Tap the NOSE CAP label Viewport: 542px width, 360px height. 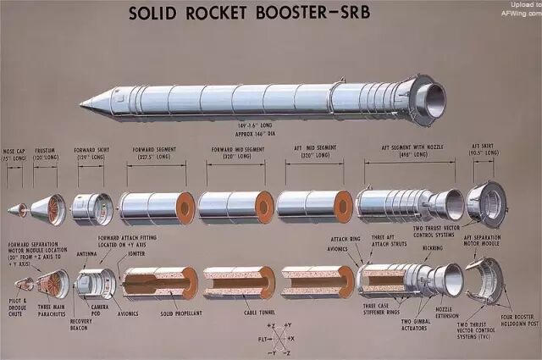tap(14, 153)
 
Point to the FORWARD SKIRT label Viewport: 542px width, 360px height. tap(91, 153)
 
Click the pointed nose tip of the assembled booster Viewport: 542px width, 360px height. tap(82, 105)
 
